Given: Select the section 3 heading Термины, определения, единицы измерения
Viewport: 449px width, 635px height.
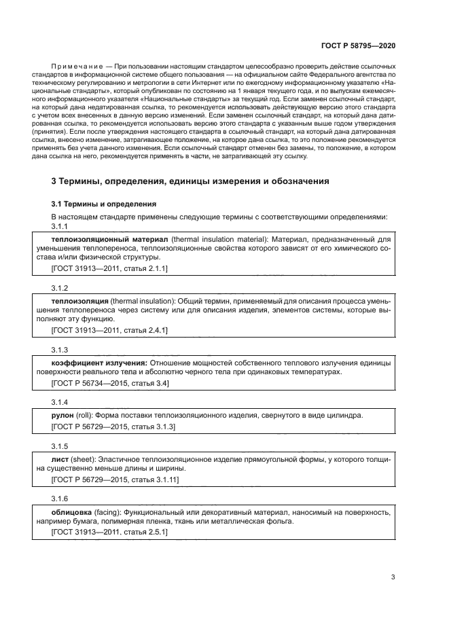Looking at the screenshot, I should [x=190, y=182].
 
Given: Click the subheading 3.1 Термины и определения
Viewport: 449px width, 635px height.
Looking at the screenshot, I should [x=104, y=204].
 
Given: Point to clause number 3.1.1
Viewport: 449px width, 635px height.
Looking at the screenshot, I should [x=60, y=226].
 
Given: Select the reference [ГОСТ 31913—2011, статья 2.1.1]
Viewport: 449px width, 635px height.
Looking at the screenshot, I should [x=109, y=270].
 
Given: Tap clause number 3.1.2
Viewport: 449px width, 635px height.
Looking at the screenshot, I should [x=60, y=288].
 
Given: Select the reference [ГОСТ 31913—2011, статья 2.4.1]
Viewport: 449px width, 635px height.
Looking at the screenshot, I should [x=109, y=330].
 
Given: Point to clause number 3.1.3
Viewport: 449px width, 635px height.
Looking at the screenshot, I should [x=60, y=348].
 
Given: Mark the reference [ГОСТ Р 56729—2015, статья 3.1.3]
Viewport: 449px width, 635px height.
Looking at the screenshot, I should [x=113, y=427].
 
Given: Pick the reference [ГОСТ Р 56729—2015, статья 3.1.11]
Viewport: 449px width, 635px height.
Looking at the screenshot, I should [x=115, y=479].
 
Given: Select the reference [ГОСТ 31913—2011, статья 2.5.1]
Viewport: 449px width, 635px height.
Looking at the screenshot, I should [x=109, y=532].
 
